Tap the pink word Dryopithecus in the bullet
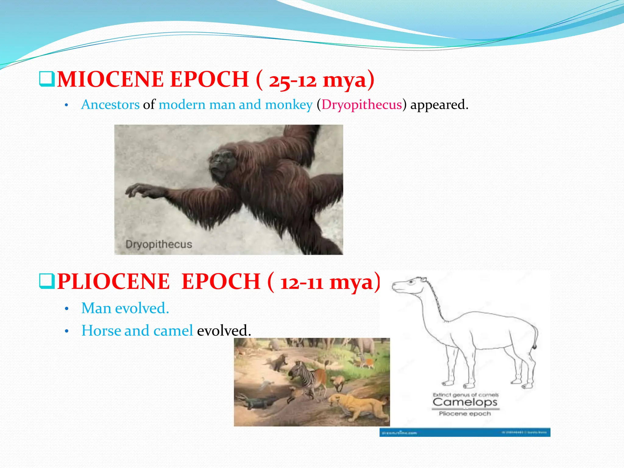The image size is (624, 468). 362,105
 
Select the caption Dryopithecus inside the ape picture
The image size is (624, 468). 159,244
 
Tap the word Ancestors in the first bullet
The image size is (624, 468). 110,105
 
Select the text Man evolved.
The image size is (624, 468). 125,308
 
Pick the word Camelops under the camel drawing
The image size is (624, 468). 465,402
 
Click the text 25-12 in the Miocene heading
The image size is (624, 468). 292,81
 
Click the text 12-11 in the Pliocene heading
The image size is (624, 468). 302,283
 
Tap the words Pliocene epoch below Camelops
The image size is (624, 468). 465,414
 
